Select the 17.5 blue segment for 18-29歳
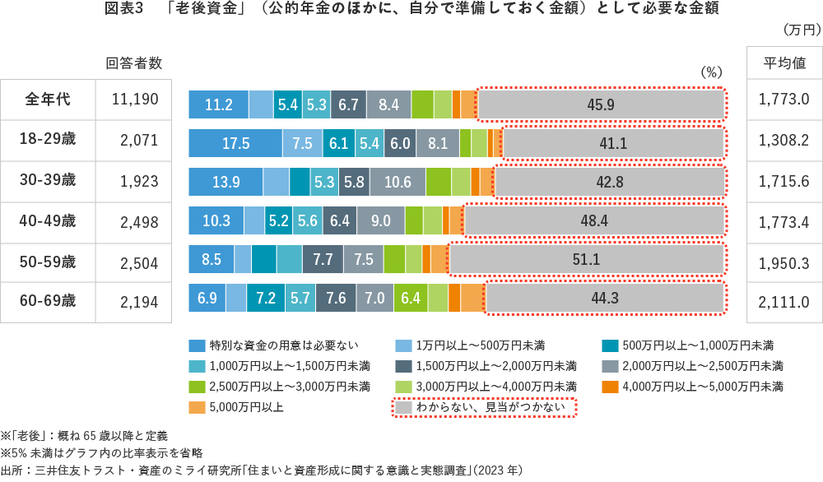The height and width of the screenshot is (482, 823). point(235,143)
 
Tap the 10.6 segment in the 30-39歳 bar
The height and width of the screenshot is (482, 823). point(398,182)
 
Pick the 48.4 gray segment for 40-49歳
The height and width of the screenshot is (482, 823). point(594,220)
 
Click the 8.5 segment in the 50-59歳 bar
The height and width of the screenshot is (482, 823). point(211,259)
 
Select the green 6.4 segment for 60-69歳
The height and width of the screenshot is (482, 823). point(410,298)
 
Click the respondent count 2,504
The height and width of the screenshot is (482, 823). point(137,262)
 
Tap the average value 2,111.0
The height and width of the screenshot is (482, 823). point(784,302)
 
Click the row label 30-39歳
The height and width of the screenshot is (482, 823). point(48,180)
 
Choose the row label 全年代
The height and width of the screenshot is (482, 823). point(48,100)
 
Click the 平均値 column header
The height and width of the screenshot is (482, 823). point(784,63)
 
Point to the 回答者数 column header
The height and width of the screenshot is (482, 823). point(134,63)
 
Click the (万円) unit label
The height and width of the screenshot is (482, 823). point(798,30)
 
